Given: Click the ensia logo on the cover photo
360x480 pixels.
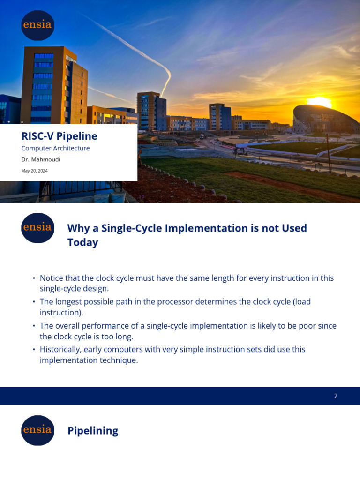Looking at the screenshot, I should tap(37, 25).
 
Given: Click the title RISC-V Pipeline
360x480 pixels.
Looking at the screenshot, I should tap(59, 136).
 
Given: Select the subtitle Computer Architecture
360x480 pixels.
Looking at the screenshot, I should tap(55, 149).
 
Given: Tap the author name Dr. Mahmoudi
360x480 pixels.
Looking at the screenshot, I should tap(41, 159).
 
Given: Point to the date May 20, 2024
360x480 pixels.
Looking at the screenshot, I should tap(34, 171).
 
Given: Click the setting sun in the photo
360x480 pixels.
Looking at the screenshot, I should tap(319, 102).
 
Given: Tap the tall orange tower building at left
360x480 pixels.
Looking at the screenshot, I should tap(52, 84).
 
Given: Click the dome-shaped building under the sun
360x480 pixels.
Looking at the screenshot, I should tap(323, 120).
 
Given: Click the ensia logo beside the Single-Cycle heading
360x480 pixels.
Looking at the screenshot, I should tap(37, 228).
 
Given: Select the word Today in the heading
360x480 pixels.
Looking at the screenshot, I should tap(82, 242).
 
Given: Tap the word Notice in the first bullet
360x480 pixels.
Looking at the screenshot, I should tap(52, 278).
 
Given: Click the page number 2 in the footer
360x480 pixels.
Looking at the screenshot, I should tap(336, 396).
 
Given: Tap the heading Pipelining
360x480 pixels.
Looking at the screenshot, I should tap(93, 431).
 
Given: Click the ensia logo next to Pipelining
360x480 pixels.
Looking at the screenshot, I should tap(37, 430).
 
